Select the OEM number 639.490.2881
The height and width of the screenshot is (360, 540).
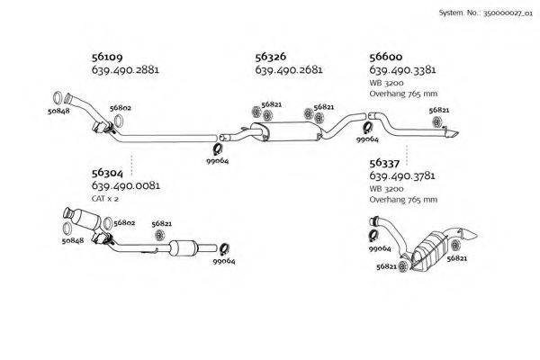coord(127,69)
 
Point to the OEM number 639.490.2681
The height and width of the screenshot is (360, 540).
coord(289,69)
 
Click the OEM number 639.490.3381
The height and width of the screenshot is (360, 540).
coord(403,69)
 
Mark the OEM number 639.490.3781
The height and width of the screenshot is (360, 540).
coord(403,176)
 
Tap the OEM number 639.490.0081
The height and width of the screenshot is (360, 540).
coord(126,185)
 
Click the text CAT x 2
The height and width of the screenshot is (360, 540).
coord(105,198)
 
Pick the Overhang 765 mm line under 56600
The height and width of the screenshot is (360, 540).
coord(403,93)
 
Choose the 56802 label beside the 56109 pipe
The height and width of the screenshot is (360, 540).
coord(121,108)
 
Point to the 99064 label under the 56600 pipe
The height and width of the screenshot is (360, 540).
coord(367,140)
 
